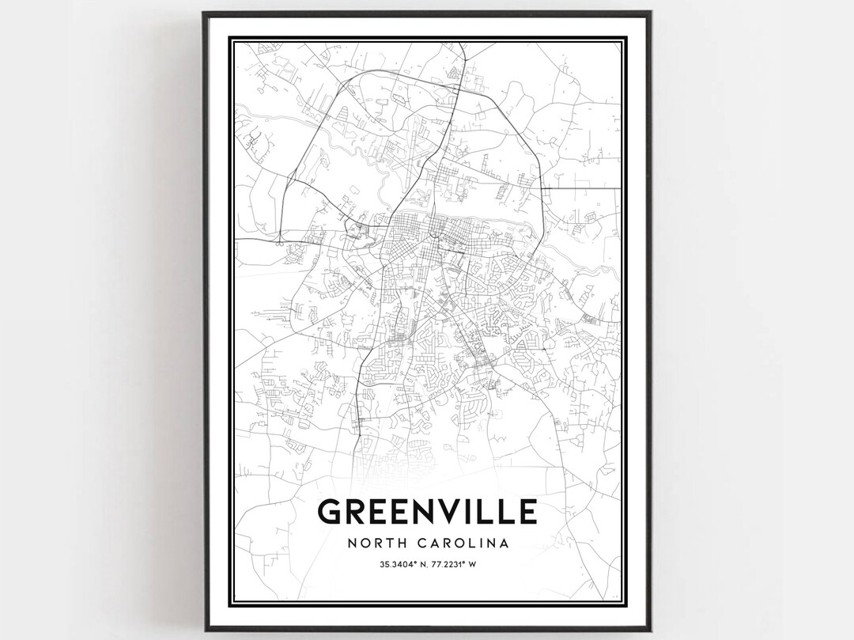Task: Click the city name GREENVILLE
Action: [x=427, y=512]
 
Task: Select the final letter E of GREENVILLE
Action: [x=527, y=512]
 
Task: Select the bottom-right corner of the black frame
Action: [x=650, y=630]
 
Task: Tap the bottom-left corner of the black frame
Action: [x=204, y=630]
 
